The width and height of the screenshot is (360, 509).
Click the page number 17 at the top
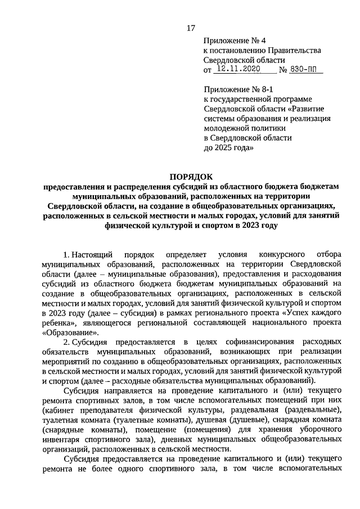(191, 29)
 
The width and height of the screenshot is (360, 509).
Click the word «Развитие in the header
(309, 109)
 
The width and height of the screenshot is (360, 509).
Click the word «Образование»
(64, 332)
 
